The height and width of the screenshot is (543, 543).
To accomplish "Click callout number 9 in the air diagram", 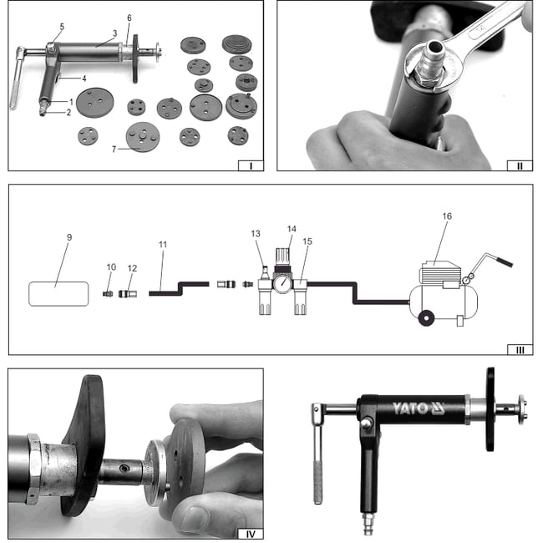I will [69, 237].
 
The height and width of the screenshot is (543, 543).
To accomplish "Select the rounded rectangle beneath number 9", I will [58, 294].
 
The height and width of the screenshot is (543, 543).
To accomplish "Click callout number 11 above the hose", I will [163, 244].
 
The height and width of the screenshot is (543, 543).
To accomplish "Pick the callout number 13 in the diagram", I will [256, 234].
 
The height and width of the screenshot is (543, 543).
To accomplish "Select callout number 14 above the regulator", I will [292, 227].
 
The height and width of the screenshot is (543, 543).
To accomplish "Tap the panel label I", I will [250, 165].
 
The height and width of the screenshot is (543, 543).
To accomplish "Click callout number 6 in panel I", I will [129, 18].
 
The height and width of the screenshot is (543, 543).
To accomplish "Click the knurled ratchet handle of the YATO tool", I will [318, 473].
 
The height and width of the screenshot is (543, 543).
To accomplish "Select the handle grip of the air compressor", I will [500, 262].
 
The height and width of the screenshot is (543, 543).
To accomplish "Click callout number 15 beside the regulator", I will [307, 241].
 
